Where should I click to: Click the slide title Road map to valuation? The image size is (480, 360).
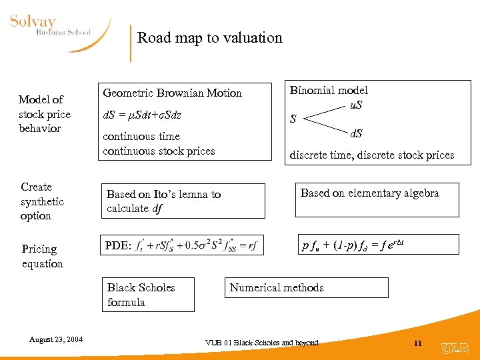(x=210, y=38)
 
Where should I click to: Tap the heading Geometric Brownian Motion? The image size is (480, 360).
(x=172, y=93)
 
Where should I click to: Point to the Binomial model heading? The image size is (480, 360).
(x=329, y=90)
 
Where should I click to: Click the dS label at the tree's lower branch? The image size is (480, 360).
(x=357, y=133)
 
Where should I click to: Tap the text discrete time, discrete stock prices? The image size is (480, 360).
(x=371, y=155)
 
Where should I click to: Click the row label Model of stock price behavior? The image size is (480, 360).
(x=44, y=114)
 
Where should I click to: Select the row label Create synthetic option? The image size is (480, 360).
(x=42, y=201)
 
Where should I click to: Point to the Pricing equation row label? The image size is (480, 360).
(x=42, y=256)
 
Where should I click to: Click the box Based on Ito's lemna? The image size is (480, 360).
(x=181, y=201)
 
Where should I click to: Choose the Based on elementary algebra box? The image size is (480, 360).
(x=377, y=198)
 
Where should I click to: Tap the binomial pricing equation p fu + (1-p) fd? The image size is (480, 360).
(x=353, y=245)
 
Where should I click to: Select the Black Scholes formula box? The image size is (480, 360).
(x=147, y=295)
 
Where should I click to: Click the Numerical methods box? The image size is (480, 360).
(x=306, y=288)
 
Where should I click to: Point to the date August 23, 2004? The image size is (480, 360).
(x=56, y=340)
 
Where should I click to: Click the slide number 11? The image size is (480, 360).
(x=418, y=343)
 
